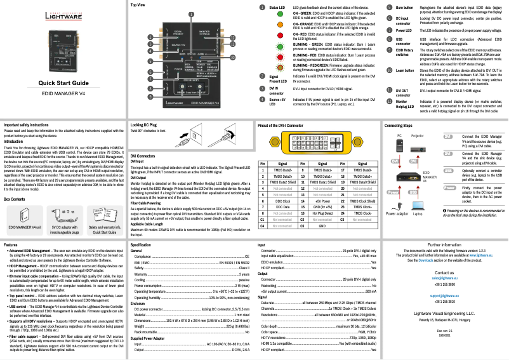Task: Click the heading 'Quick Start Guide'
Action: pos(63,83)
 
